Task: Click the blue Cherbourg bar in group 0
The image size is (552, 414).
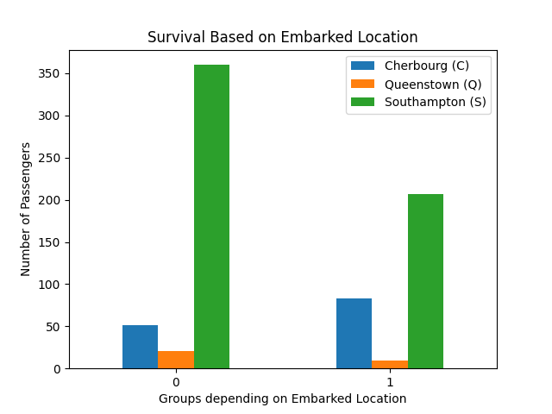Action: click(140, 347)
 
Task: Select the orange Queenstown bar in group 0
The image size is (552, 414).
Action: click(176, 360)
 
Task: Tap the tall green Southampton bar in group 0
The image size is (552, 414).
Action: click(211, 216)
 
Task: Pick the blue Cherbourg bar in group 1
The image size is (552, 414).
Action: click(354, 333)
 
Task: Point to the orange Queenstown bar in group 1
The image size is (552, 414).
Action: click(390, 365)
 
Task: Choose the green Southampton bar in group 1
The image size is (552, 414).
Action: click(425, 281)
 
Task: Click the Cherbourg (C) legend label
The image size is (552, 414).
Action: click(426, 66)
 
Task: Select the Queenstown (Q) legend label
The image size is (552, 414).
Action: click(432, 84)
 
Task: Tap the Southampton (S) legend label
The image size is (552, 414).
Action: click(435, 102)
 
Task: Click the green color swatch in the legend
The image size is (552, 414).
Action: click(364, 102)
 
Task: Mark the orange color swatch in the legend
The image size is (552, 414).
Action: click(364, 84)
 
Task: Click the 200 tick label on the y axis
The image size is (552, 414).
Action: click(52, 200)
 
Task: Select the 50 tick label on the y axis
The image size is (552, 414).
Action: click(54, 327)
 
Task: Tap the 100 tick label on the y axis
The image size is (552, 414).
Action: click(52, 285)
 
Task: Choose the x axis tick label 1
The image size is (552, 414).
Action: click(390, 382)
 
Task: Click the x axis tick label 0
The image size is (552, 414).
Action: click(176, 382)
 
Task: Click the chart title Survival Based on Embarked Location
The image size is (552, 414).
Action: click(282, 38)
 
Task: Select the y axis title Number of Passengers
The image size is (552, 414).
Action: click(26, 209)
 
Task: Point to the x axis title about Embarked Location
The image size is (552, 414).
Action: click(282, 398)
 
